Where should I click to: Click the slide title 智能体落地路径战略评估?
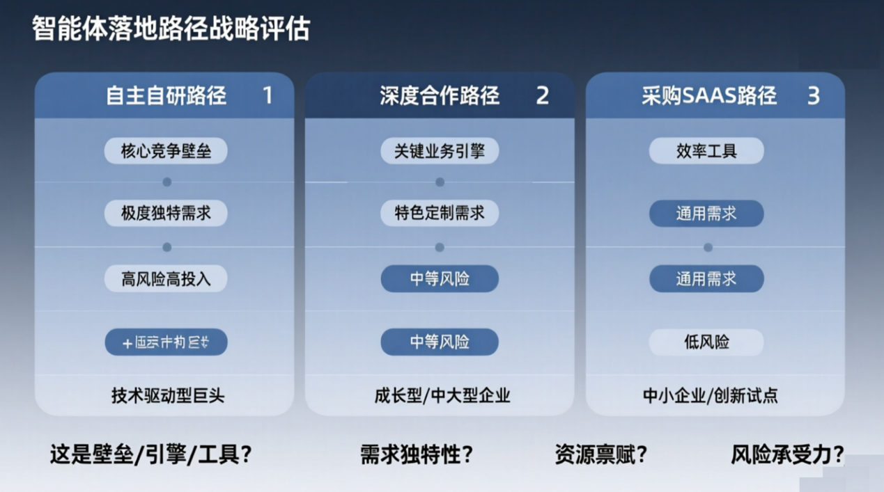[171, 29]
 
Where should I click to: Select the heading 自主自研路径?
[166, 95]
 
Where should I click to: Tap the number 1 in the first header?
[267, 95]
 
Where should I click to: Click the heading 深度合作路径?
[440, 95]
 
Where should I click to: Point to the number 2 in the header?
[542, 95]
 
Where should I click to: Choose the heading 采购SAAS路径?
[709, 95]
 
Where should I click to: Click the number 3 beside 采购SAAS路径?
[813, 95]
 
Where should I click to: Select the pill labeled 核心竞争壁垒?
[166, 151]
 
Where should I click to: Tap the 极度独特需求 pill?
[166, 213]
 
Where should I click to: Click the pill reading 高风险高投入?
[166, 279]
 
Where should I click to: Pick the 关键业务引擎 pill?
[440, 151]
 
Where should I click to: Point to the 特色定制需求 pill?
[440, 213]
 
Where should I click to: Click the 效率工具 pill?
[706, 151]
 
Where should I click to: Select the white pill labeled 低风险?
[706, 342]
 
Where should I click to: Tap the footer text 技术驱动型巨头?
[168, 396]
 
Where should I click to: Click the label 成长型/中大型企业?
[442, 396]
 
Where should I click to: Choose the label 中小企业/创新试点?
[710, 396]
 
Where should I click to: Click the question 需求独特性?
[417, 455]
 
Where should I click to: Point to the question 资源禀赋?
[601, 455]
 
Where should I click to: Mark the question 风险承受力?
[787, 455]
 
